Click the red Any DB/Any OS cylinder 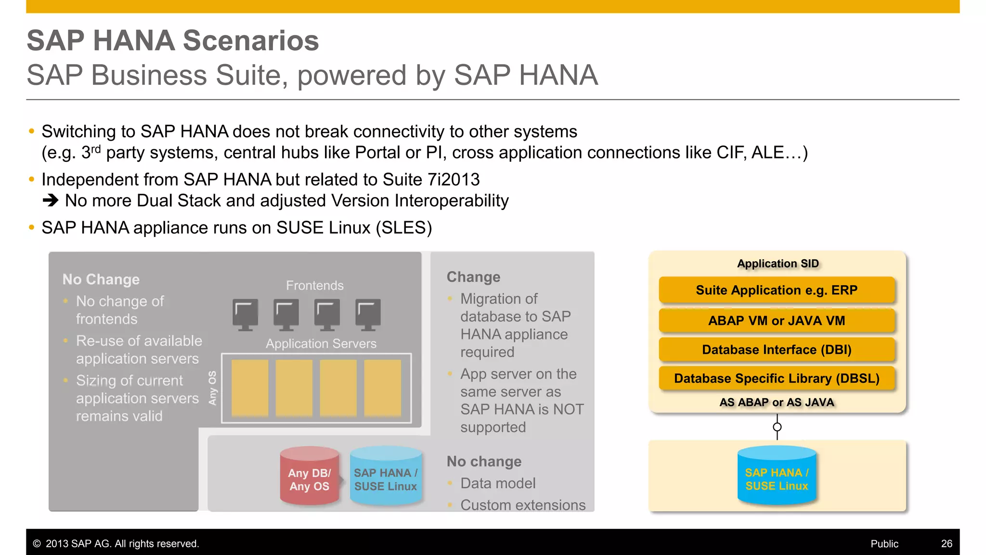pos(309,477)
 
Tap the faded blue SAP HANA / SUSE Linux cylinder pos(386,477)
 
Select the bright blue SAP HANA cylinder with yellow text pos(777,477)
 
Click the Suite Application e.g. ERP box pos(777,290)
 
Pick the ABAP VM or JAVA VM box pos(777,321)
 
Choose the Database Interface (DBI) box pos(777,350)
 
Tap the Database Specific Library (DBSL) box pos(777,379)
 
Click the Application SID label pos(778,264)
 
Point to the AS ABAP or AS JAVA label pos(777,402)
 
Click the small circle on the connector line pos(777,427)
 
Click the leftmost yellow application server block pos(250,388)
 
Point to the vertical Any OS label pos(212,388)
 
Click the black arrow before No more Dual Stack pos(51,200)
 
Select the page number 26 pos(947,543)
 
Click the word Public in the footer pos(884,543)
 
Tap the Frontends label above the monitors pos(315,285)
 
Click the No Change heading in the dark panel pos(101,279)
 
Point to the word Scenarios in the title pos(251,40)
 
